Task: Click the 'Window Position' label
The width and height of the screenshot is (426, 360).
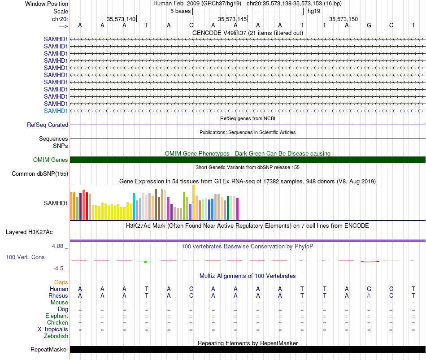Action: point(47,4)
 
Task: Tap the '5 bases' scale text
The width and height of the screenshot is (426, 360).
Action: point(180,11)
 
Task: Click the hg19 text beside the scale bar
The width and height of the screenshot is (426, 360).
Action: point(314,11)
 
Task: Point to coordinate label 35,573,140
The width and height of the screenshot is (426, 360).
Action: point(121,19)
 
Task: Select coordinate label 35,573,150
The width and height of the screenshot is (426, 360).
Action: point(343,19)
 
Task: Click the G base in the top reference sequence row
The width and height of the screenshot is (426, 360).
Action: point(369,25)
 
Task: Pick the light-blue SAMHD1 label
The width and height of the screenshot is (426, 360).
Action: point(56,111)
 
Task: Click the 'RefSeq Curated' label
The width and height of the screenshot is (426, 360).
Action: point(48,125)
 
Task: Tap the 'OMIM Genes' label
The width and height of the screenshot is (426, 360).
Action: point(51,160)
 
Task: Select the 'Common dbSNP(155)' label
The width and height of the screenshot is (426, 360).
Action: point(40,173)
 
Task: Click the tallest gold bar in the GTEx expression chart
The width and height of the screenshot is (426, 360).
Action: point(193,202)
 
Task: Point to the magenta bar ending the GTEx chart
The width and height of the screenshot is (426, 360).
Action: point(238,208)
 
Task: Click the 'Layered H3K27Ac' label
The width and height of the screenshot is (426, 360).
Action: point(29,232)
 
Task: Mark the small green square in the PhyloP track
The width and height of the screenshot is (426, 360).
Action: point(145,262)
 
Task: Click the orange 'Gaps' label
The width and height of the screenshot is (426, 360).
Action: point(61,282)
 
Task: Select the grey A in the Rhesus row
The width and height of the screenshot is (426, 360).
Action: point(369,295)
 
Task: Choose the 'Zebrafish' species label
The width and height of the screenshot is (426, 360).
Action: point(56,336)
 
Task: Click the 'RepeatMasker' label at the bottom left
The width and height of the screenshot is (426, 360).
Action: point(49,349)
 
